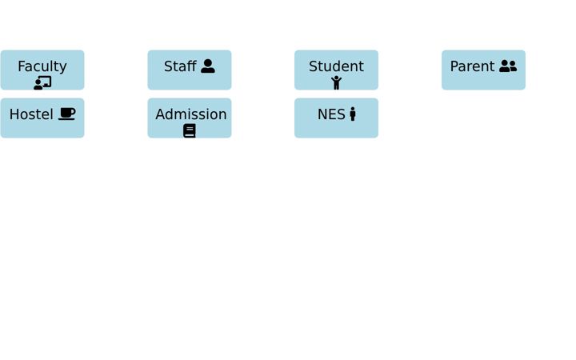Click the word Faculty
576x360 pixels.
[42, 66]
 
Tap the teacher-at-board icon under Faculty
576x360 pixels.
[42, 83]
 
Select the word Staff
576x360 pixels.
[180, 66]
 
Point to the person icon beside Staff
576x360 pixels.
[208, 66]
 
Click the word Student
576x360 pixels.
[336, 66]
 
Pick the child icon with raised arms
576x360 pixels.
[336, 82]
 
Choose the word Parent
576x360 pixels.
[473, 66]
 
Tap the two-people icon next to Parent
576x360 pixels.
[508, 66]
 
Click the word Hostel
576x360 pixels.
[31, 114]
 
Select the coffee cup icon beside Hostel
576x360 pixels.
[67, 114]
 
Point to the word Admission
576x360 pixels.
[191, 114]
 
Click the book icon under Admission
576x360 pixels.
[190, 130]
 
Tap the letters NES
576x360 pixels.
[331, 114]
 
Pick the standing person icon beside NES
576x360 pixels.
[353, 114]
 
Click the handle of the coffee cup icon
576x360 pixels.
[74, 111]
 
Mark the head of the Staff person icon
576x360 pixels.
[208, 63]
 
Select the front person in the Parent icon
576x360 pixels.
[505, 66]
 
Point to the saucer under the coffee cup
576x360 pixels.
[66, 118]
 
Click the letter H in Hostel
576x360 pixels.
[14, 114]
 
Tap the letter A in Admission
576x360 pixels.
[161, 114]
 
